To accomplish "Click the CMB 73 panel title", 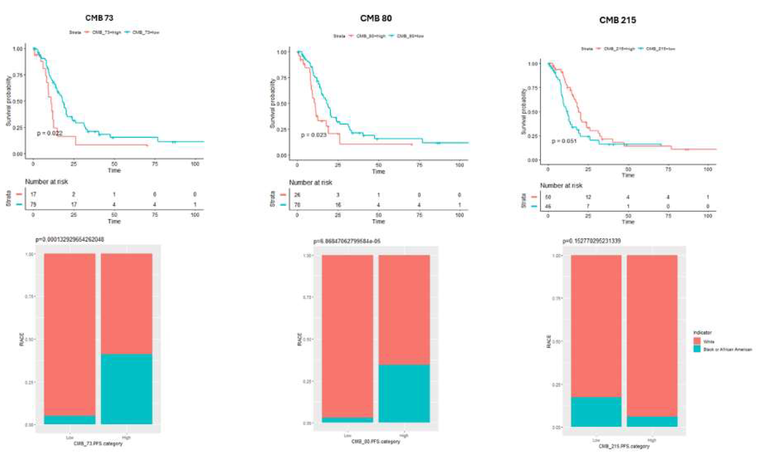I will (99, 18).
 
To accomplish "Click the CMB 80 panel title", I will (376, 18).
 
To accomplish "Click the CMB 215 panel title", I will (617, 20).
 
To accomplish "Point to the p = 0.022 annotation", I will (50, 133).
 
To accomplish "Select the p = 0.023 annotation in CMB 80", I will (313, 135).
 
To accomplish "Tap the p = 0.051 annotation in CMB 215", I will (564, 141).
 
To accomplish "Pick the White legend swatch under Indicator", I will (697, 341).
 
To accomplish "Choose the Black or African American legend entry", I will (727, 349).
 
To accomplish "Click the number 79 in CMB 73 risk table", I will (33, 204).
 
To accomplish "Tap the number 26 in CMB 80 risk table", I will (297, 195).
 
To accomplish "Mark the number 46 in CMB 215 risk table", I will (548, 206).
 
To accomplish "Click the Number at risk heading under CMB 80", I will (310, 183).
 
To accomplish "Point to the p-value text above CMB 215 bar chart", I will (591, 241).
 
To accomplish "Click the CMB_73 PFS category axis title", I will (98, 444).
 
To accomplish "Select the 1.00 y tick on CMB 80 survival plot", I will (282, 52).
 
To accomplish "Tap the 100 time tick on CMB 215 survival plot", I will (708, 169).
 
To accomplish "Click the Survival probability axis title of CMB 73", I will (8, 101).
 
